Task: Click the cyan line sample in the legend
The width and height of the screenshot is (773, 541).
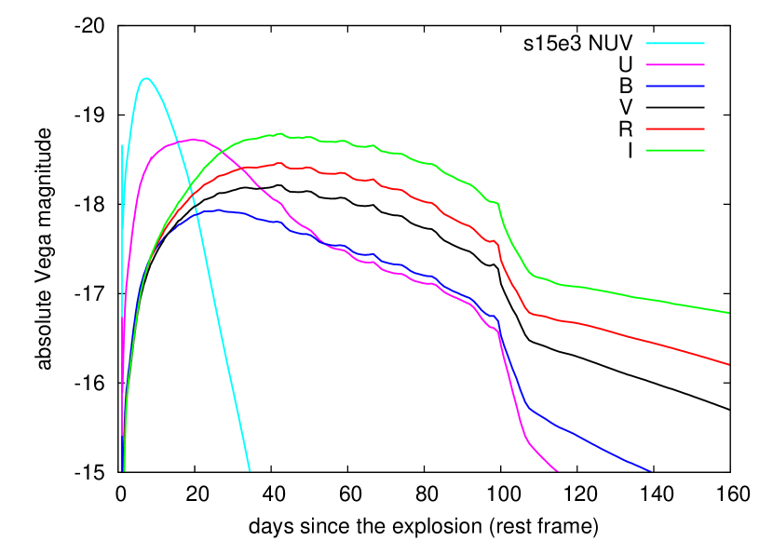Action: pyautogui.click(x=675, y=43)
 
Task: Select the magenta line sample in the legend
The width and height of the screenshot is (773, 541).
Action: pyautogui.click(x=675, y=64)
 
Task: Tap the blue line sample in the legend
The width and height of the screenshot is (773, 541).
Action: pyautogui.click(x=675, y=86)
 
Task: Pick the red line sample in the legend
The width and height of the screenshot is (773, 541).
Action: pyautogui.click(x=675, y=128)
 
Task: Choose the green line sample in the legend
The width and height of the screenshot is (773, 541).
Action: pyautogui.click(x=675, y=150)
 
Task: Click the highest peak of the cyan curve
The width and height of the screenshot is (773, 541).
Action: pyautogui.click(x=145, y=78)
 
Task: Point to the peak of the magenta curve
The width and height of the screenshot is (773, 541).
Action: pyautogui.click(x=194, y=140)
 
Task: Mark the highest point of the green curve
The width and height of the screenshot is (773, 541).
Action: pyautogui.click(x=279, y=133)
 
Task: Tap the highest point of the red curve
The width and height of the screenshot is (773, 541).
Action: pyautogui.click(x=280, y=163)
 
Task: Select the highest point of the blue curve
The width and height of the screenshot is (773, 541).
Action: pyautogui.click(x=216, y=210)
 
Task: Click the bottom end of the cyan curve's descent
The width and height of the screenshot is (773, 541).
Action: pyautogui.click(x=250, y=470)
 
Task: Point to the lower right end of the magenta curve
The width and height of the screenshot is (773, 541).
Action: pyautogui.click(x=557, y=470)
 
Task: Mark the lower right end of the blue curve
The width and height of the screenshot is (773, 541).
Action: pyautogui.click(x=649, y=470)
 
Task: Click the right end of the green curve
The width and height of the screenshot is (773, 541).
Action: pyautogui.click(x=728, y=313)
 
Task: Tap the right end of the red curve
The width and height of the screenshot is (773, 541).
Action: pyautogui.click(x=728, y=364)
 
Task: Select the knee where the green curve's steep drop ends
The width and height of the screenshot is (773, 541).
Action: pyautogui.click(x=534, y=276)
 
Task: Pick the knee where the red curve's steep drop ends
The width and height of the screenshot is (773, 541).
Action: pyautogui.click(x=531, y=313)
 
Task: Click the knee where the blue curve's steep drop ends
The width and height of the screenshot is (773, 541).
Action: pyautogui.click(x=529, y=408)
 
